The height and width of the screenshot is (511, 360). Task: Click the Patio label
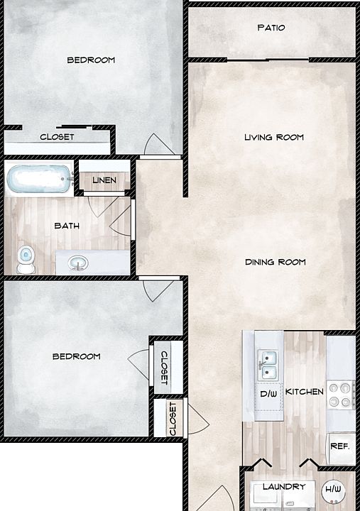tap(271, 28)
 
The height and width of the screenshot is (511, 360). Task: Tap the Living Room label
tap(273, 137)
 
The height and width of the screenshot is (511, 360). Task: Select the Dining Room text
tap(275, 262)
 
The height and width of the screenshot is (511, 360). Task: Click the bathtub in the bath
tap(40, 179)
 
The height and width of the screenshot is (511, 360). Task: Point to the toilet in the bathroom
tap(26, 259)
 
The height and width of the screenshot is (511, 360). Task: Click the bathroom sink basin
tap(78, 264)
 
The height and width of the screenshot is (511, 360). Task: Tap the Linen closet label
tap(104, 181)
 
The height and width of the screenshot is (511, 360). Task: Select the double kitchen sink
tap(269, 364)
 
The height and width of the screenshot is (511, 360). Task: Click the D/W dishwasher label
tap(268, 392)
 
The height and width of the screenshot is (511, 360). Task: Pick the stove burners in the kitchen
tap(342, 394)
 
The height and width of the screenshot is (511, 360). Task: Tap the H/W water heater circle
tap(332, 490)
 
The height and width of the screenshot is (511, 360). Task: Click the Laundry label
tap(283, 486)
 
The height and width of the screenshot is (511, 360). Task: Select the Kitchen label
tap(304, 392)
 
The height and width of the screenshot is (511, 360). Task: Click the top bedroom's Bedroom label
tap(91, 60)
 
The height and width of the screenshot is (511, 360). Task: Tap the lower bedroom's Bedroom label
tap(76, 356)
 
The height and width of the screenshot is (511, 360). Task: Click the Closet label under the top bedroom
tap(57, 137)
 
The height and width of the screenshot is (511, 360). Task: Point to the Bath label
tap(67, 226)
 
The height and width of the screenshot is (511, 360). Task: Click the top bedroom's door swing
tap(156, 145)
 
